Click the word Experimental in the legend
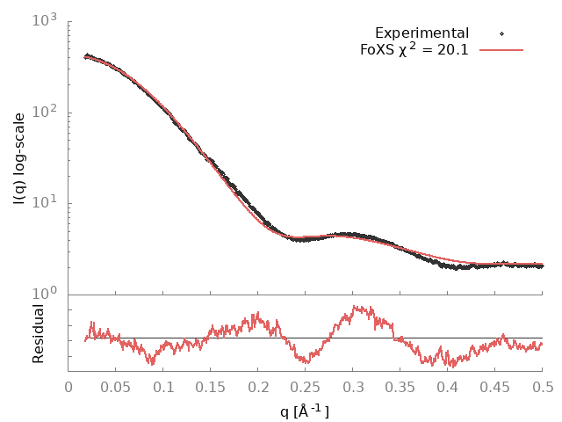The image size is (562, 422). (x=421, y=33)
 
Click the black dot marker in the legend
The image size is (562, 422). (x=501, y=33)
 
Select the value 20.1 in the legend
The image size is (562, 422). (x=452, y=49)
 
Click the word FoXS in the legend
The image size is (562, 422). (x=378, y=49)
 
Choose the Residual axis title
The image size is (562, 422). (x=39, y=334)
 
